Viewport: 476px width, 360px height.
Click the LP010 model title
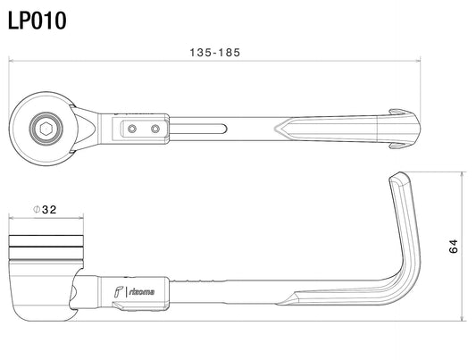click(37, 21)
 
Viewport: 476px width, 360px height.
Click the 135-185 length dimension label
click(215, 53)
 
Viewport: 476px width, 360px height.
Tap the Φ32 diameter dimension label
click(45, 209)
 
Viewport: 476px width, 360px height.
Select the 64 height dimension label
click(453, 247)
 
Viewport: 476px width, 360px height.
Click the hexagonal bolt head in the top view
click(46, 129)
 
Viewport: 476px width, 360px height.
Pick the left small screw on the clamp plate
click(132, 129)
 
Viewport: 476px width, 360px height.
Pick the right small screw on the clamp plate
click(155, 129)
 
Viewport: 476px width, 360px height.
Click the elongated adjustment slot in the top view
click(198, 129)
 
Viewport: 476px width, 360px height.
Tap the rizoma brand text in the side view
click(142, 292)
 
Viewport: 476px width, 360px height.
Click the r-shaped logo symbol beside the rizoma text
click(119, 291)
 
